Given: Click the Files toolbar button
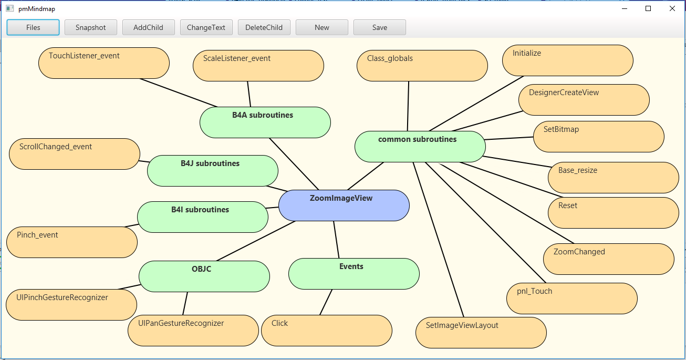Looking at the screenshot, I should pos(33,28).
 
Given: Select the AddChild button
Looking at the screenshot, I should pos(148,28).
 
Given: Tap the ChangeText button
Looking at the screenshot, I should pos(206,28).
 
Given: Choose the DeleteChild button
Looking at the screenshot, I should pos(264,28).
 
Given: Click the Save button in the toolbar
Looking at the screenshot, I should pos(379,28).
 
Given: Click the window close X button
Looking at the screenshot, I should pos(672,8).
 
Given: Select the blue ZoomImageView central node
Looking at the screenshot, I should pos(344,205).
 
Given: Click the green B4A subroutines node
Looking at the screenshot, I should pos(265,122).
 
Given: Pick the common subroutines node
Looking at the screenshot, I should pos(420,147).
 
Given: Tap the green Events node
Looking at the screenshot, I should pos(354,274).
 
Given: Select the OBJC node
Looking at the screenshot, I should pos(204,276).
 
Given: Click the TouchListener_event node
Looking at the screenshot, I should pos(103,63).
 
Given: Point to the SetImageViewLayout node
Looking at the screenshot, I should pos(481,333).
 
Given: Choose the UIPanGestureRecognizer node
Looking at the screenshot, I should pos(193,331).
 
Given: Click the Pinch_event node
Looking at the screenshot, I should pos(71,242).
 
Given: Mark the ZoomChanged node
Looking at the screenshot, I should pos(608,259).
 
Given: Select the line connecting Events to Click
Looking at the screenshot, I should pos(326,302).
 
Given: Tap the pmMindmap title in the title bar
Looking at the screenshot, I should pos(36,9).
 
